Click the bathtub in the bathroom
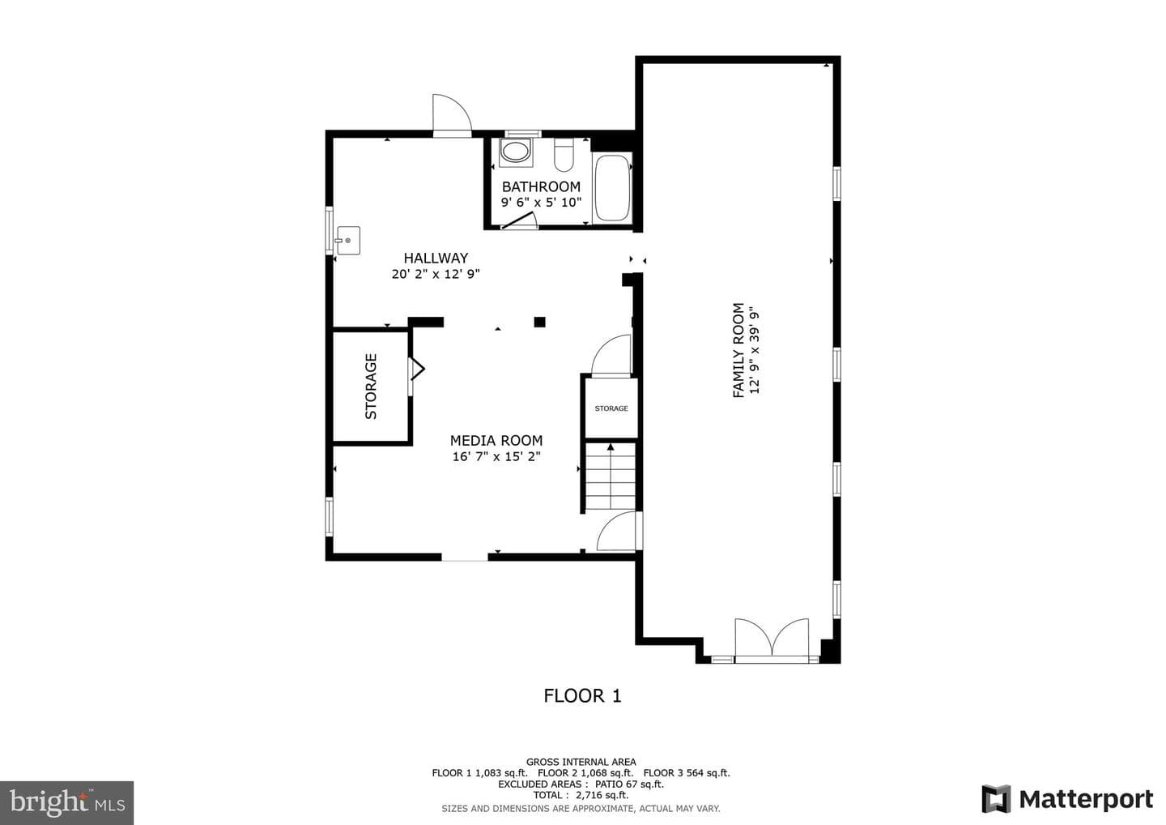(612, 188)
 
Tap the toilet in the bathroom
(564, 155)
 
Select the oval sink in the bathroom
(515, 152)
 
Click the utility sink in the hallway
(347, 241)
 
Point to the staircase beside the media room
(611, 476)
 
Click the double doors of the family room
(772, 640)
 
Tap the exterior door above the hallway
(453, 115)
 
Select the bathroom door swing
(519, 220)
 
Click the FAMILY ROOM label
(738, 351)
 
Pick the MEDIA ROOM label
(496, 441)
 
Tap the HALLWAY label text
(436, 258)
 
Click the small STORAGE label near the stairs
(611, 408)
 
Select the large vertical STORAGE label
(371, 387)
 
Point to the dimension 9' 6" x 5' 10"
(541, 202)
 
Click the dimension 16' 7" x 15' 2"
(496, 456)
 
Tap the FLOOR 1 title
(582, 696)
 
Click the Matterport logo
(1067, 799)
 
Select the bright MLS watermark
(66, 802)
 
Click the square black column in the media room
(540, 322)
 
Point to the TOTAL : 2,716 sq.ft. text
(581, 795)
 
